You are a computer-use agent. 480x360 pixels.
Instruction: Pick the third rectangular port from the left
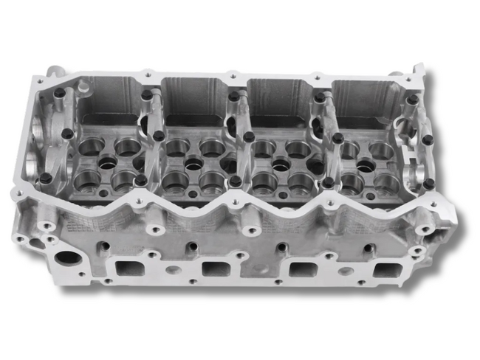click(303, 269)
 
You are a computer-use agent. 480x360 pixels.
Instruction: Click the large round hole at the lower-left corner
click(68, 259)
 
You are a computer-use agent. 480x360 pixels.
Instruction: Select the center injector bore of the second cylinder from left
click(194, 164)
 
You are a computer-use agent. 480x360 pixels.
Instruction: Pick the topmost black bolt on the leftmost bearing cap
click(59, 94)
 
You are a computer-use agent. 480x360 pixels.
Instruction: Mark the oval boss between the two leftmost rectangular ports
click(172, 269)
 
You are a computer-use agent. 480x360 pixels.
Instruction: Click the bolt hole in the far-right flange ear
click(426, 229)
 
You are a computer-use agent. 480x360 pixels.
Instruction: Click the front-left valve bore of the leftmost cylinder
click(86, 178)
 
